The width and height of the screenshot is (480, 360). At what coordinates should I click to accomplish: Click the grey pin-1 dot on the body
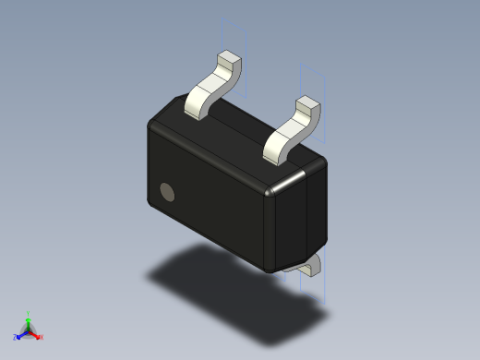[167, 192]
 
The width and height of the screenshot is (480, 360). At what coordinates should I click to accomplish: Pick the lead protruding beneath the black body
[310, 267]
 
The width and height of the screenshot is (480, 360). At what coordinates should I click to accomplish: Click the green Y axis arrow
[29, 319]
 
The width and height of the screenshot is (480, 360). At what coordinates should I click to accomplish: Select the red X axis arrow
[36, 335]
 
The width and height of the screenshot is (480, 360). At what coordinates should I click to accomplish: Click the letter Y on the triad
[29, 313]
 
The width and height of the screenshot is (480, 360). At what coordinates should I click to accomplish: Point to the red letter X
[42, 337]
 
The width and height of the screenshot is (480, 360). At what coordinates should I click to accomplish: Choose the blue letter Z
[16, 338]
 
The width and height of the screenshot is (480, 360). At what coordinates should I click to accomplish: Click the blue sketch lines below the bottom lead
[313, 291]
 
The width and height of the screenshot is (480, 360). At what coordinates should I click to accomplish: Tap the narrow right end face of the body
[297, 217]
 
